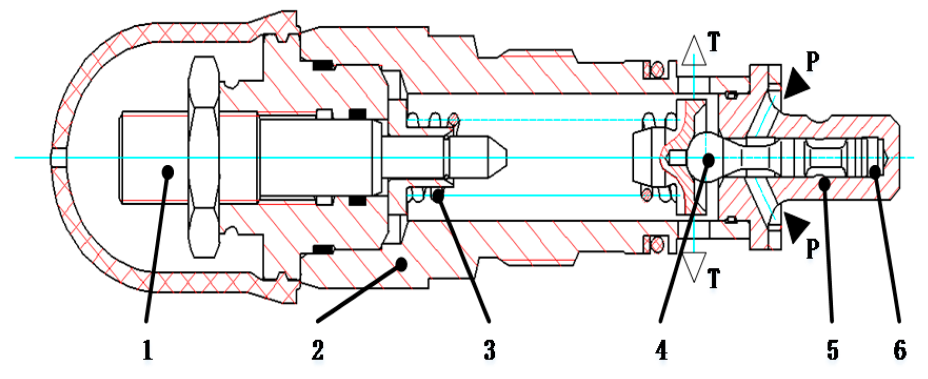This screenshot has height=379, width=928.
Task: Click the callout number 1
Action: coord(147,350)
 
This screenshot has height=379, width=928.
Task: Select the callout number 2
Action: coord(317,350)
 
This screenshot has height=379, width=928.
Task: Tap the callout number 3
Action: coord(489,350)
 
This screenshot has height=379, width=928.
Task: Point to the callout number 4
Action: coord(661,350)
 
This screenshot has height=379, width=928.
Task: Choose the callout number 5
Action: coord(832,350)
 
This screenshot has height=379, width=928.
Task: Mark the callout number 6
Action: coord(900,350)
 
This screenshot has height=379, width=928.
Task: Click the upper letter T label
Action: coord(714,42)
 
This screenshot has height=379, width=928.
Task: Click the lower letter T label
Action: coord(714,278)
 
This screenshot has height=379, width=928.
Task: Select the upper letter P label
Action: coord(813,62)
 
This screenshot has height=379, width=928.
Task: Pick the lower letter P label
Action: coord(813,248)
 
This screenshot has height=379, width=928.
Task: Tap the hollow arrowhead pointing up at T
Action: coord(694,51)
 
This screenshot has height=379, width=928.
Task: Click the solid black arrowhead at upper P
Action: coord(796,84)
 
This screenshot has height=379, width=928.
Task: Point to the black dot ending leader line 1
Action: coord(168,171)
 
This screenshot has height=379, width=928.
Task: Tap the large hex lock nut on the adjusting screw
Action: coord(203,158)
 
